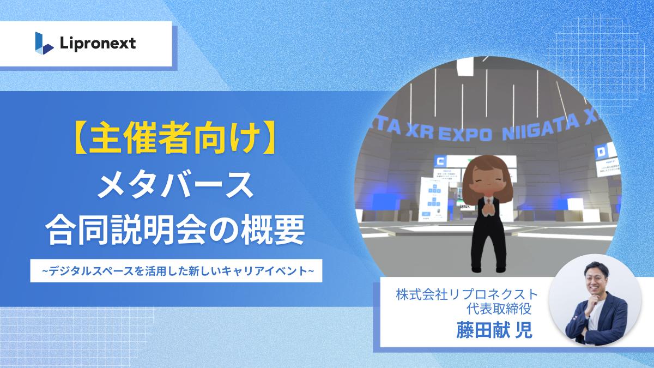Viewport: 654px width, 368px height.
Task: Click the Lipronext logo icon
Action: [44, 42]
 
